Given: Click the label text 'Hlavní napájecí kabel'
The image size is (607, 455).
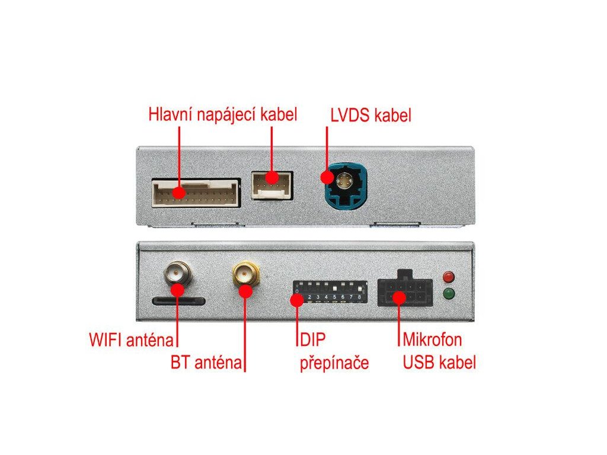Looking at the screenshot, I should coord(222,114).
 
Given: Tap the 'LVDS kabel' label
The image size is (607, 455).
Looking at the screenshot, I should coord(370,116).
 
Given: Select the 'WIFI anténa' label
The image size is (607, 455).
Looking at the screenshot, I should coord(132,340).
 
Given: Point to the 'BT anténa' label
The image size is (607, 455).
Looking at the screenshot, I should coord(206,362).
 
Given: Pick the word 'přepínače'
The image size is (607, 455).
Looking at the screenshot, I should coord(334,363).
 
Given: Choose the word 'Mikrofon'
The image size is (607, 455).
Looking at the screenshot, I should coord(432,340).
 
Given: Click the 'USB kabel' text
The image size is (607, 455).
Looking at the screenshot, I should coord(439,362).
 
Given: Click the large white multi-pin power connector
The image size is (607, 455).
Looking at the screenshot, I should coord(196,193).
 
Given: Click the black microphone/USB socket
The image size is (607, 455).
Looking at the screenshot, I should coord(405,290).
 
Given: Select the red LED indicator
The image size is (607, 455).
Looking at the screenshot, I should coord(449,277).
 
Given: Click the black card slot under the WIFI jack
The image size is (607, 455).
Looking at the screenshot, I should coord(178,301).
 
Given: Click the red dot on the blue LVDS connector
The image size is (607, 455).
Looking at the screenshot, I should coord(326,177).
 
